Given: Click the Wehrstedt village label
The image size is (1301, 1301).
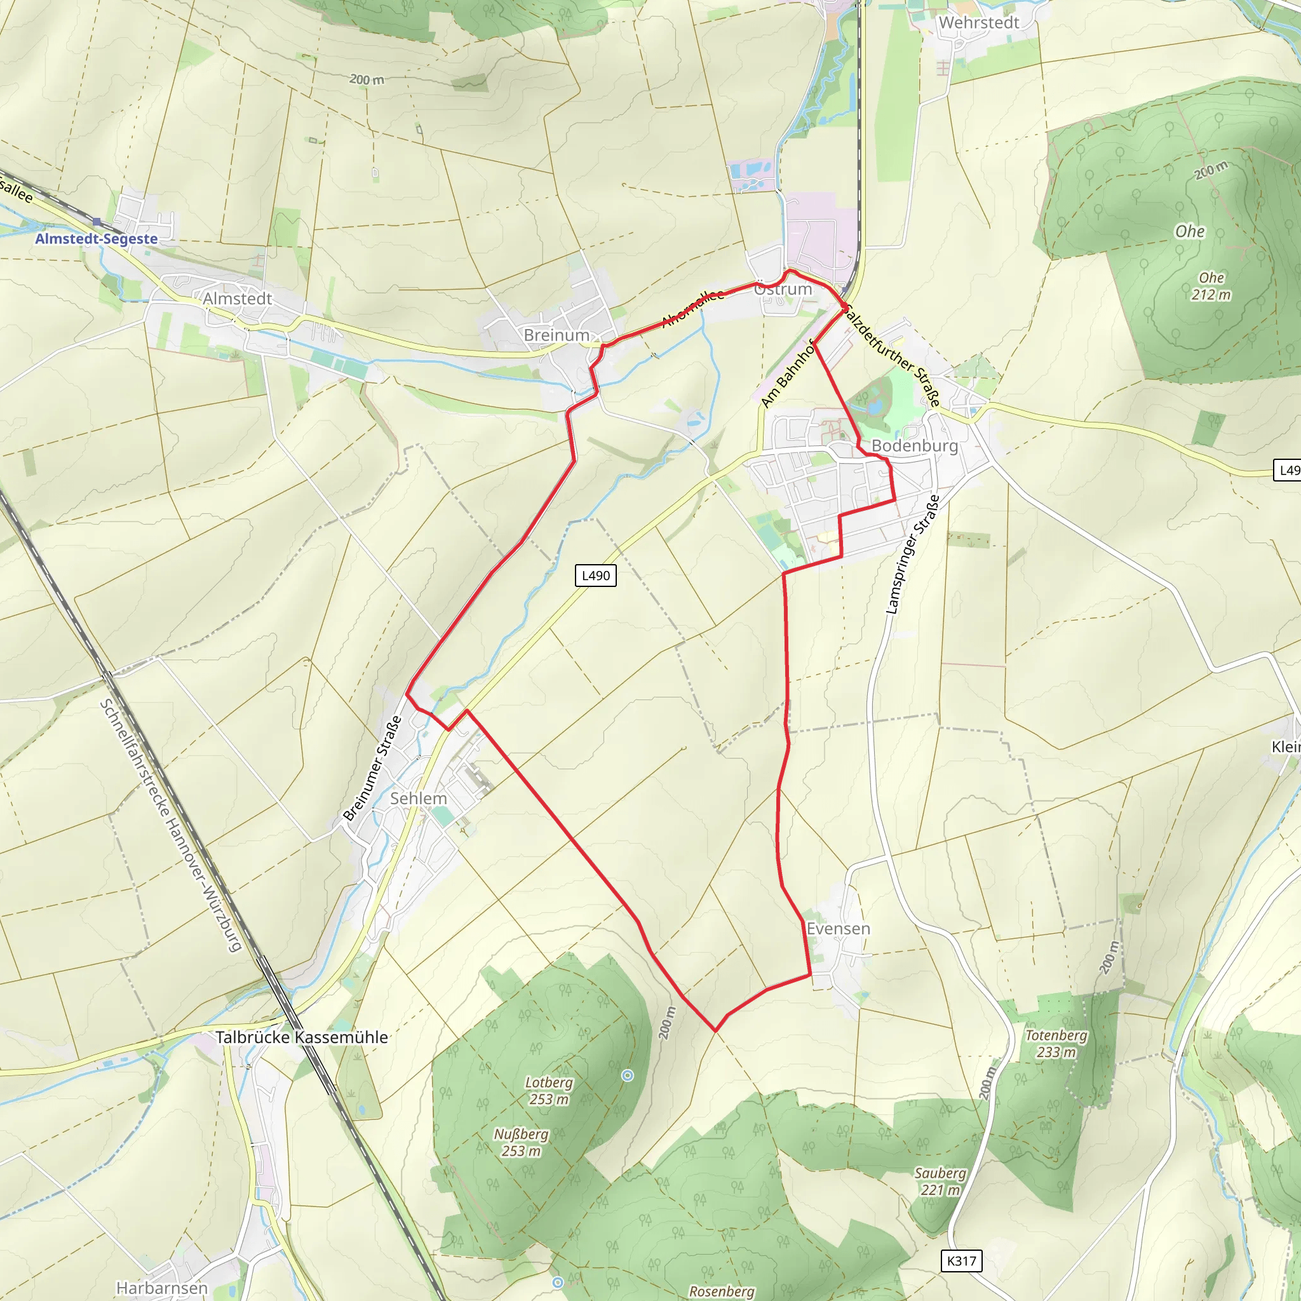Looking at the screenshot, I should pyautogui.click(x=978, y=23).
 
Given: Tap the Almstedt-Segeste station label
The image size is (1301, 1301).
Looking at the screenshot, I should pyautogui.click(x=97, y=239).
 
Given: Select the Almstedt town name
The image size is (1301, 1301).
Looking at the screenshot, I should pyautogui.click(x=237, y=299).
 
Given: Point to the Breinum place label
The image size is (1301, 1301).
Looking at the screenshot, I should pyautogui.click(x=556, y=335).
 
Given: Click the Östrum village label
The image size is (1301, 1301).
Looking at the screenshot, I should pyautogui.click(x=783, y=289).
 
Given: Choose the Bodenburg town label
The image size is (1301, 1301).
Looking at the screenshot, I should pyautogui.click(x=915, y=446).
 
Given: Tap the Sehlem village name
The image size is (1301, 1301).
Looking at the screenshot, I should pyautogui.click(x=418, y=799).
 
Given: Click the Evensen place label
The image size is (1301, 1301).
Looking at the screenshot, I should pyautogui.click(x=839, y=929).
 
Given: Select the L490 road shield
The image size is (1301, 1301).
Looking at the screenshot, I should pyautogui.click(x=595, y=576).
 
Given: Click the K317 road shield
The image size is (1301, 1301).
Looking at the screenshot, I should pyautogui.click(x=961, y=1261).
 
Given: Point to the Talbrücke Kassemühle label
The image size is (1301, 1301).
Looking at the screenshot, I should pyautogui.click(x=302, y=1037).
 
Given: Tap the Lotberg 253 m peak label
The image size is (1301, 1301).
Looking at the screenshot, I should pyautogui.click(x=549, y=1091).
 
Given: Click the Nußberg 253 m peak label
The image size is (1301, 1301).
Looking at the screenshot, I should pyautogui.click(x=521, y=1143).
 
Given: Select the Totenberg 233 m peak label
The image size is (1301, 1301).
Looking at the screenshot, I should pyautogui.click(x=1056, y=1044).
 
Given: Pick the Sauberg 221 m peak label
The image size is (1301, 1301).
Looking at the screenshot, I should pyautogui.click(x=940, y=1182).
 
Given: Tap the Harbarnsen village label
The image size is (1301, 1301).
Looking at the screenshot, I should pyautogui.click(x=161, y=1288).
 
